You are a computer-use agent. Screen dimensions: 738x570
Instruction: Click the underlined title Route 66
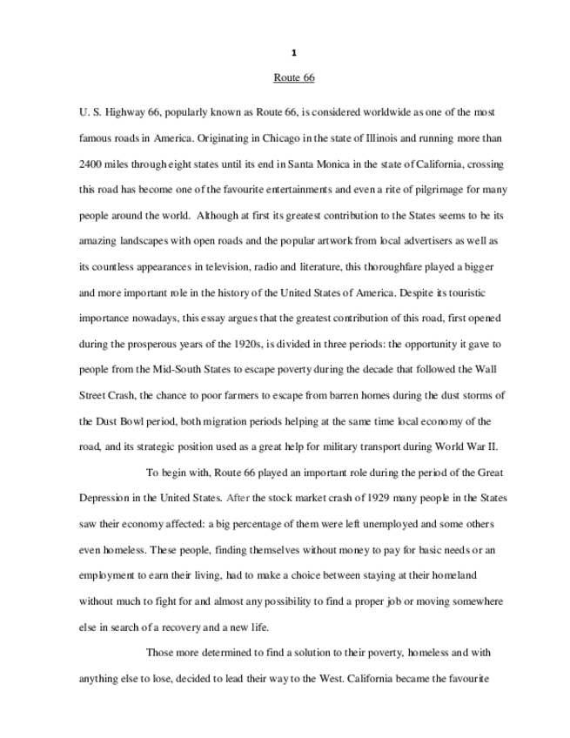point(293,78)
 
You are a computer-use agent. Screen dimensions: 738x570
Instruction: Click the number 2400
point(91,164)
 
